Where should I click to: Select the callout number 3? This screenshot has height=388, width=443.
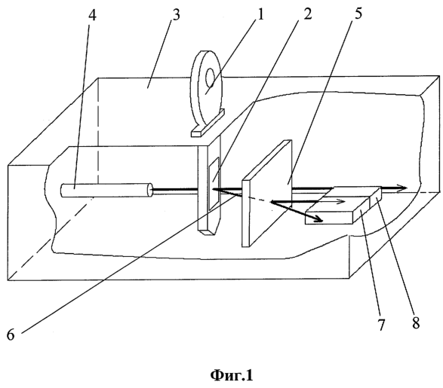click(x=175, y=14)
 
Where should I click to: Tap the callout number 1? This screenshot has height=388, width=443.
click(x=260, y=14)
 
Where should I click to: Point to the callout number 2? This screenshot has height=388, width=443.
click(x=307, y=14)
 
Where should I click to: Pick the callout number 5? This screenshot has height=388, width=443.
click(x=358, y=14)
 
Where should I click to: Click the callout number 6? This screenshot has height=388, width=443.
click(x=11, y=335)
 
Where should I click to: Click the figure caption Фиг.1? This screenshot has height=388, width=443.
click(x=232, y=375)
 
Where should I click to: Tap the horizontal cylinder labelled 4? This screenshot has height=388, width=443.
click(x=107, y=190)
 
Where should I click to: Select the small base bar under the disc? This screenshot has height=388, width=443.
click(x=208, y=124)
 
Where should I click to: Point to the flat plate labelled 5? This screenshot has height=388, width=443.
click(x=266, y=194)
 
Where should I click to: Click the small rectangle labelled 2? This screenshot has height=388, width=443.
click(x=214, y=184)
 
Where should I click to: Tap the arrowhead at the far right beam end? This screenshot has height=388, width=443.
click(x=401, y=188)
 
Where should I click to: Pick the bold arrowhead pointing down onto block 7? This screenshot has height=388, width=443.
click(x=318, y=218)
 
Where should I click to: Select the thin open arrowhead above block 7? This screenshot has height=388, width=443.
click(x=340, y=201)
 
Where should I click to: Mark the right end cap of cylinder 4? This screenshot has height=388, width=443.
click(x=149, y=190)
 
